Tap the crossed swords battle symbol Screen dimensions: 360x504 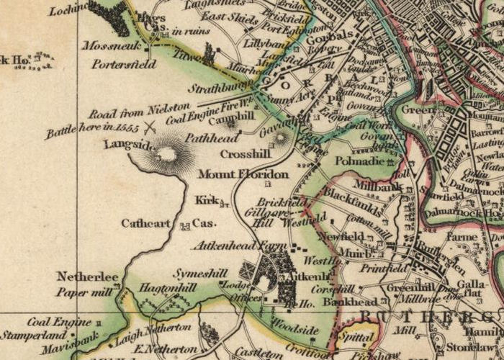click(x=150, y=128)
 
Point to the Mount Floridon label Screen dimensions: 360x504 click(x=233, y=174)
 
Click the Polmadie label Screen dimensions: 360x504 click(x=359, y=161)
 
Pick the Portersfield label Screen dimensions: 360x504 click(x=124, y=63)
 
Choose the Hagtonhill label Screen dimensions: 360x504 click(x=167, y=287)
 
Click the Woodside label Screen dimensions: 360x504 click(x=296, y=330)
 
